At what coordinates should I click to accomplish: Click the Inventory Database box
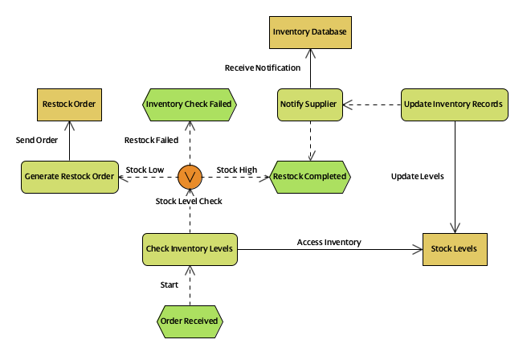coord(309,32)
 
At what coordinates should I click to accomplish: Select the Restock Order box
coord(69,104)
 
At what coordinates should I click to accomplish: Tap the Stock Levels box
coord(455,248)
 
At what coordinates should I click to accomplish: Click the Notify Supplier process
coord(309,104)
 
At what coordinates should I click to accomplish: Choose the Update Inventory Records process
coord(455,104)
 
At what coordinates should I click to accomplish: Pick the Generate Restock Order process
coord(69,176)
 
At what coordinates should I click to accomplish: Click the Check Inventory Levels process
coord(190,248)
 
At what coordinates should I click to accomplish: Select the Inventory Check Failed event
coord(190,104)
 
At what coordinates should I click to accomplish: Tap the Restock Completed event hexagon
coord(309,176)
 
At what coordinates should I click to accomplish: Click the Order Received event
coord(190,321)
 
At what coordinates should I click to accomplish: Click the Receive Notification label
coord(263,67)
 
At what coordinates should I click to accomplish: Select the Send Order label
coord(37,140)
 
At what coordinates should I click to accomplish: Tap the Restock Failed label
coord(151,140)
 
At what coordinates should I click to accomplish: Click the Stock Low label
coord(145,170)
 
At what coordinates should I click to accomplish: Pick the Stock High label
coord(237,170)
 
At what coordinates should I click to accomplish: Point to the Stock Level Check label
coord(189,201)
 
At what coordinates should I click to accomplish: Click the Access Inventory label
coord(329,242)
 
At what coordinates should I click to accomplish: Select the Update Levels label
coord(417,176)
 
